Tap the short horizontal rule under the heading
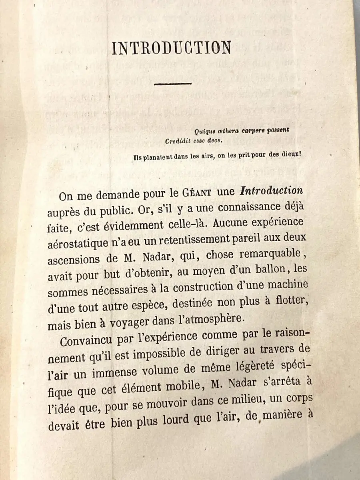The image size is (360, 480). click(173, 84)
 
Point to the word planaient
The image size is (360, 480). click(162, 157)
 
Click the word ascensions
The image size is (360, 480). click(73, 260)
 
